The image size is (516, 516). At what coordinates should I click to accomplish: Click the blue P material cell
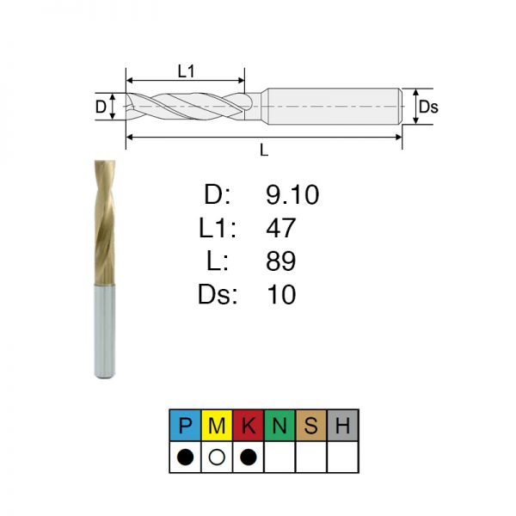(185, 425)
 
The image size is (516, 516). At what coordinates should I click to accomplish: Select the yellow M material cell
(217, 425)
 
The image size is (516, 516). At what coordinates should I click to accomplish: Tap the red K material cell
(249, 425)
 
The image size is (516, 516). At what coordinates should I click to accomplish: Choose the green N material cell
(279, 425)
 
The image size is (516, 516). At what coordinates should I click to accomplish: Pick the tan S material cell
(311, 425)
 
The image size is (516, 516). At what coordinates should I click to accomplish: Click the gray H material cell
(343, 425)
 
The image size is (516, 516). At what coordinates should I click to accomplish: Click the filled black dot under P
(185, 458)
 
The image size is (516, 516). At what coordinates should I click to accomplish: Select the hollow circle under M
(217, 458)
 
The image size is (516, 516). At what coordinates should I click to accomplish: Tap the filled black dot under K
(249, 458)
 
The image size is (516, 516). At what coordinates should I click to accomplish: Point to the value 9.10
(292, 195)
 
